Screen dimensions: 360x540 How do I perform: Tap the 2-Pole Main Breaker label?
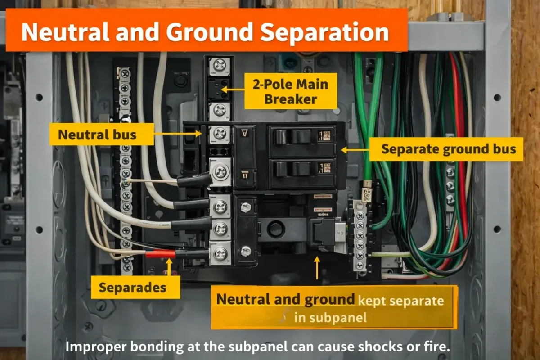tap(290, 91)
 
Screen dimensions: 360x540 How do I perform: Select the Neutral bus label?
tap(98, 134)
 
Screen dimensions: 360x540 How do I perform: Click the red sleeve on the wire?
tap(160, 254)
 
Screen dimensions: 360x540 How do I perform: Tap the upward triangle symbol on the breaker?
tap(246, 134)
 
